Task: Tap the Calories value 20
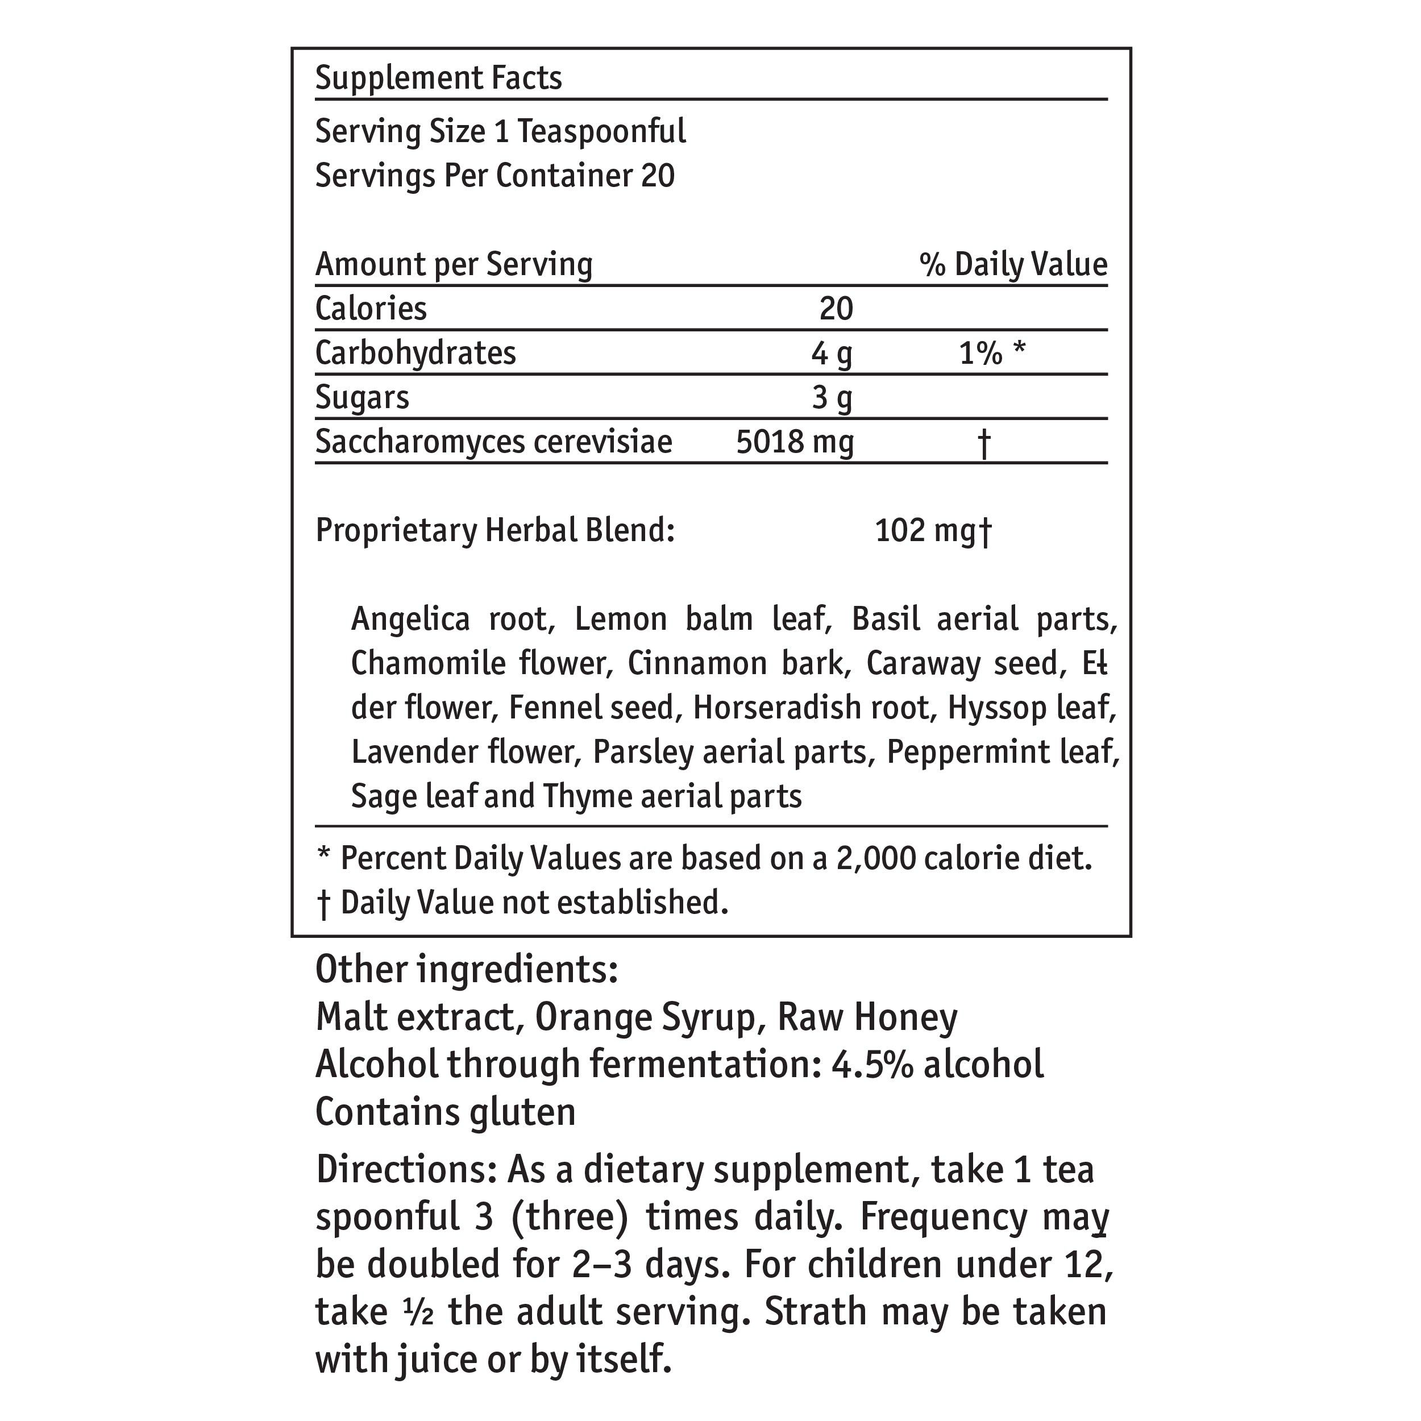point(836,309)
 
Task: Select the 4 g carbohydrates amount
point(832,354)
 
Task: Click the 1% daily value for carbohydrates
point(980,354)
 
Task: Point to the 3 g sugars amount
point(832,398)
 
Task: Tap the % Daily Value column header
point(1013,265)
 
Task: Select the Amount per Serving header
point(454,265)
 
